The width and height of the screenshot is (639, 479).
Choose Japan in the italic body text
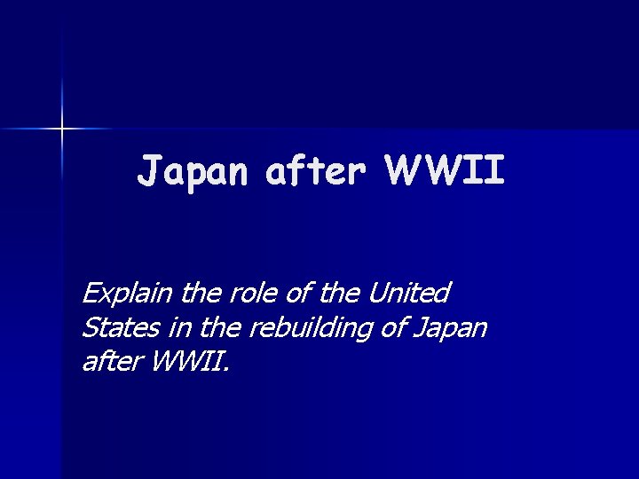[x=450, y=327]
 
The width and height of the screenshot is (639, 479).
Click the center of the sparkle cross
[x=62, y=130]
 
